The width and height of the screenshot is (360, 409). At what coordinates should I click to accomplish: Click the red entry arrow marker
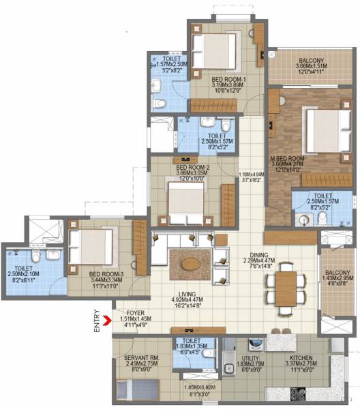[106, 316]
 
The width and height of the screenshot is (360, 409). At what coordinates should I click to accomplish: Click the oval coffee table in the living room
[190, 261]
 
